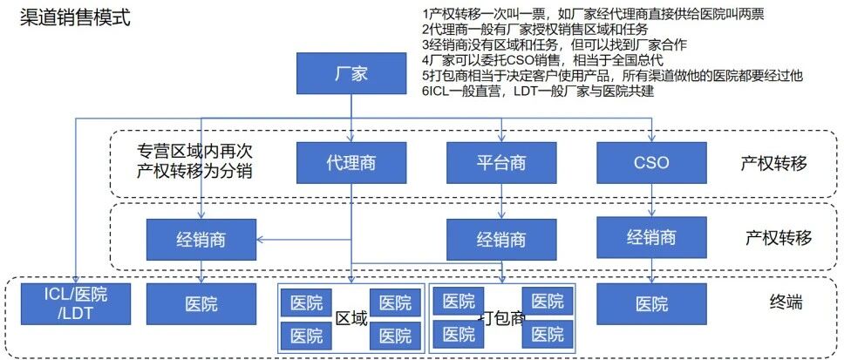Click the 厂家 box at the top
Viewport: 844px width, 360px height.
[351, 73]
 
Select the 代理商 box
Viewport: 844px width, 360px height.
[351, 162]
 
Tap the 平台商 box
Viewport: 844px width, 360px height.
[500, 162]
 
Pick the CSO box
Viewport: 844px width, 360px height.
[651, 162]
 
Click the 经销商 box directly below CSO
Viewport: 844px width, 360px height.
[651, 236]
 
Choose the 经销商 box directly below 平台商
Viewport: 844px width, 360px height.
[500, 239]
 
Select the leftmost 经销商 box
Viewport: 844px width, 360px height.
[201, 238]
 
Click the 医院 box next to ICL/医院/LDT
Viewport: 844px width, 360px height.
[201, 304]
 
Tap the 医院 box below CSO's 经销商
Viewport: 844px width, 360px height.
[651, 304]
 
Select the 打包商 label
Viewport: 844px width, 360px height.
[503, 318]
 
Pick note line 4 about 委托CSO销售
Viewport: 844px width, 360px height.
[541, 60]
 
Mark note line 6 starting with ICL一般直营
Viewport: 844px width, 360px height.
[537, 92]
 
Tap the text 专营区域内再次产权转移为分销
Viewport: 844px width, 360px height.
[194, 160]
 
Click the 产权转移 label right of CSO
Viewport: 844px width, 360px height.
[774, 163]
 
